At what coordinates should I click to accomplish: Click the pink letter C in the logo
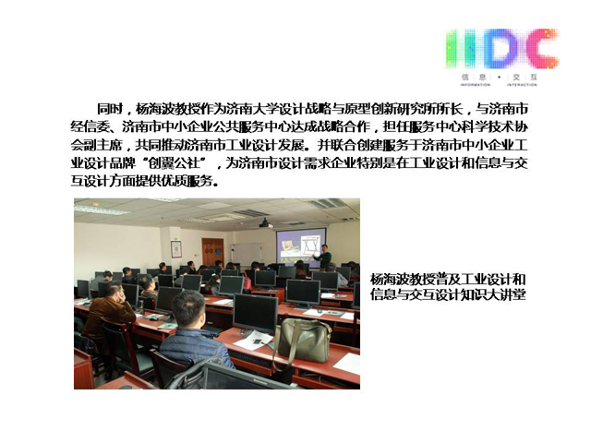(542, 49)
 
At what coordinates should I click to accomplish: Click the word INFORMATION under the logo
(476, 85)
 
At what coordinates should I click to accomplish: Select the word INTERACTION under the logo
(522, 85)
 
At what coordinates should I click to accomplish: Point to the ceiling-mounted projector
(265, 223)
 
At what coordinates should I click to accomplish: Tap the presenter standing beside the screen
(323, 257)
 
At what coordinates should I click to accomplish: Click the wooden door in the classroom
(213, 252)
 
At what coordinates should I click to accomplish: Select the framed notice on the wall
(176, 249)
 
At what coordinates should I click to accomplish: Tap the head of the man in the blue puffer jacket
(189, 309)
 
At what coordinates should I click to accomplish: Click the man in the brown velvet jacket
(108, 316)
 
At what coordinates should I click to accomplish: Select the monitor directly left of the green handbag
(256, 314)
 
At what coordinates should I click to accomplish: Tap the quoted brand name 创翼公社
(174, 163)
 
